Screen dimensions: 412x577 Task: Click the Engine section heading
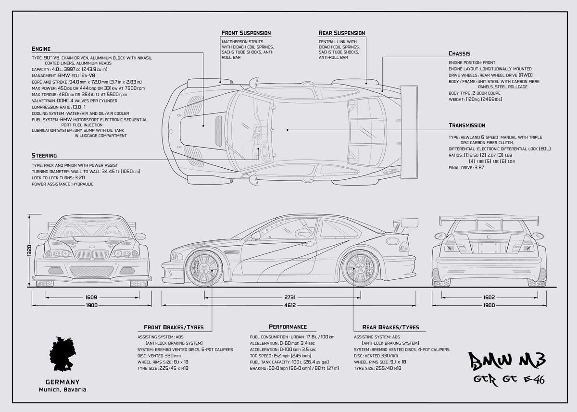[x=41, y=49]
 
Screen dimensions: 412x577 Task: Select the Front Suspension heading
[x=246, y=33]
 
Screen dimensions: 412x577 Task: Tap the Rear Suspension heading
[x=341, y=33]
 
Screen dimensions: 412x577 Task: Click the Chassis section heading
[x=459, y=53]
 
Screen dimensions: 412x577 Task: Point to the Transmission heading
[x=466, y=125]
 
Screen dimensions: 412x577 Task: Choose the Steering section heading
[x=44, y=156]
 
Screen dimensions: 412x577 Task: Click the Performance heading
[x=288, y=327]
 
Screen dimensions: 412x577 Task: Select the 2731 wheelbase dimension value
[x=289, y=298]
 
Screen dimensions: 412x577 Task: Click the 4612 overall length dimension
[x=289, y=305]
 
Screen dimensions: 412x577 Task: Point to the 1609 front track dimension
[x=91, y=298]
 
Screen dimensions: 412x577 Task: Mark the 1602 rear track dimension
[x=489, y=298]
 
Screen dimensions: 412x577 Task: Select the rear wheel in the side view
[x=360, y=268]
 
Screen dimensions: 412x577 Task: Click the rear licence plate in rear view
[x=489, y=247]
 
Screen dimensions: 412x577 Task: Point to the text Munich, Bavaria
[x=63, y=389]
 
